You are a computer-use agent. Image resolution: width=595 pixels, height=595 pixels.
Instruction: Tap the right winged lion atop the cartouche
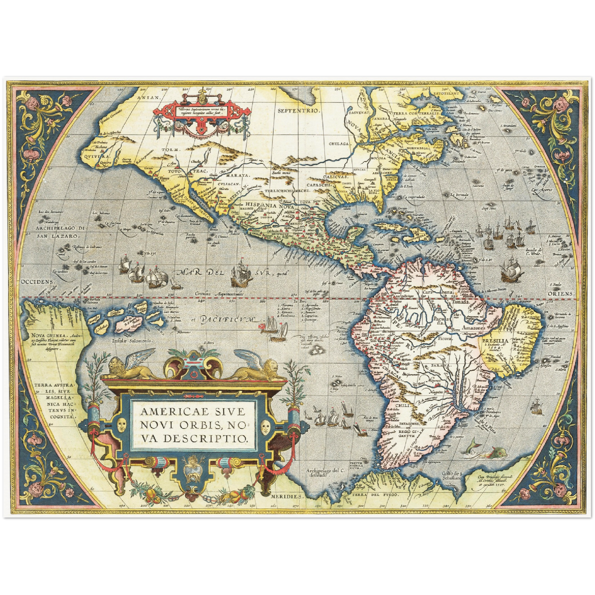click(259, 369)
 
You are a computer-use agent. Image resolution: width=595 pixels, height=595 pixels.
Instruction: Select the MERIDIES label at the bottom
click(287, 497)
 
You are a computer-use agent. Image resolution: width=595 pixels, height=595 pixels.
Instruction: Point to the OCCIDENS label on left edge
click(36, 282)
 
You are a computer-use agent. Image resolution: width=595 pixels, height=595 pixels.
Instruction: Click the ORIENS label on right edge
click(560, 294)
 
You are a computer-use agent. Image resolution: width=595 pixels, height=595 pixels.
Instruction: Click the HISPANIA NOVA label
click(266, 204)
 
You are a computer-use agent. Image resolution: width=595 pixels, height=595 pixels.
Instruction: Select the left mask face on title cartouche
click(121, 425)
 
